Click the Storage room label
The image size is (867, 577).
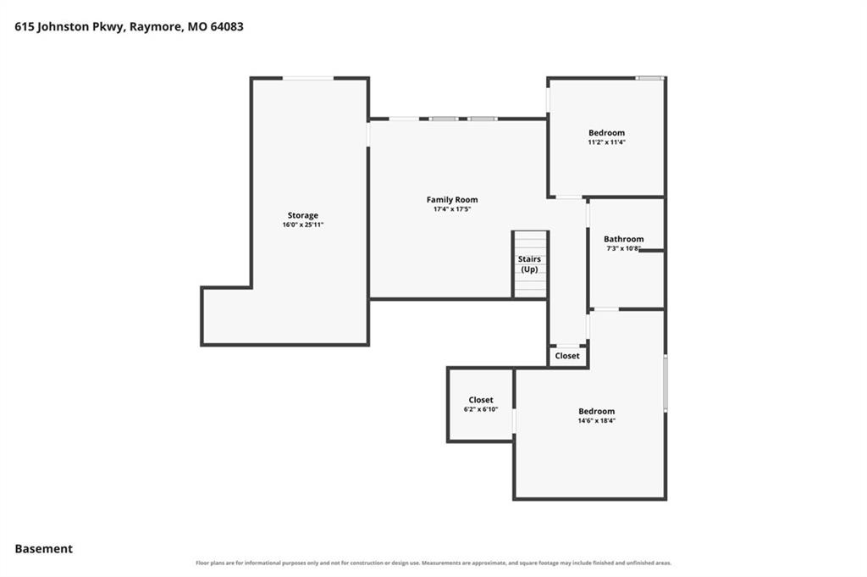tap(302, 215)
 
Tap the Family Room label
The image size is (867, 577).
tap(452, 199)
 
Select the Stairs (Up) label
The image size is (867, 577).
tap(529, 264)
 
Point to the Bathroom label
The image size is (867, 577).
tap(624, 239)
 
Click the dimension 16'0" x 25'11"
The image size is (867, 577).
tap(302, 225)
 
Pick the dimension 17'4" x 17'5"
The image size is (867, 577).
tap(452, 209)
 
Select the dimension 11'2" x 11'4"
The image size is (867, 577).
tap(606, 142)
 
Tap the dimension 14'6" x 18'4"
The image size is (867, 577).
tap(597, 420)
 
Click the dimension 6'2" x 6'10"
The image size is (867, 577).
tap(481, 409)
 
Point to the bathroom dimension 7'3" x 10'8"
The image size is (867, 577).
tap(623, 248)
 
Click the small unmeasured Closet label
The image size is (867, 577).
tap(567, 356)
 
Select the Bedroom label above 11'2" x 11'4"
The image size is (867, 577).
tap(606, 133)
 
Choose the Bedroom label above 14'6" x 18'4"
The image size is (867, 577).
tap(597, 411)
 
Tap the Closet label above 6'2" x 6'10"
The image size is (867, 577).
tap(481, 399)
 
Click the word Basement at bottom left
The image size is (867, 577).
tap(44, 549)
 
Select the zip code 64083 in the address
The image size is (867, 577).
tap(227, 26)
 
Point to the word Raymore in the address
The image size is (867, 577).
tap(156, 27)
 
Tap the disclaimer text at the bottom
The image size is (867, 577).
tap(433, 563)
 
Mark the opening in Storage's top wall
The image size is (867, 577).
tap(308, 79)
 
